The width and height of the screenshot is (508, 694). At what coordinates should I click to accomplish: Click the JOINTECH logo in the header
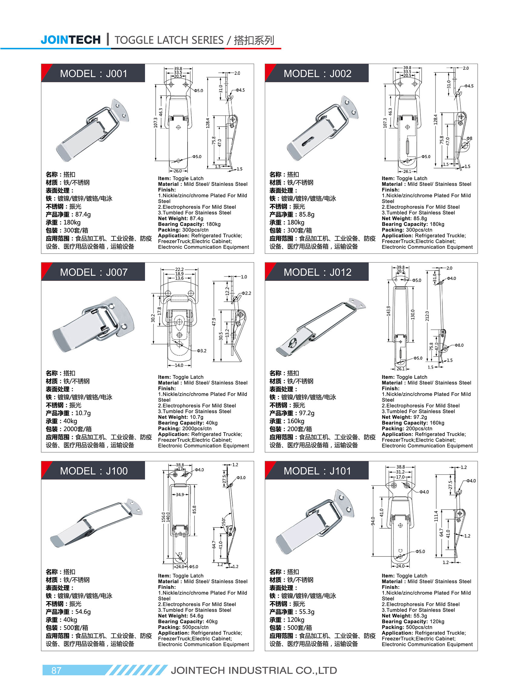(70, 40)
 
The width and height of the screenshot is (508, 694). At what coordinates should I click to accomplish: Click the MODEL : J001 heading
(94, 74)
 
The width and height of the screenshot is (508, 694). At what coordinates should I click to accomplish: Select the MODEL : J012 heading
(317, 272)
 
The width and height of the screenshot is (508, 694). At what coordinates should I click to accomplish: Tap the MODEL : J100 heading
(94, 471)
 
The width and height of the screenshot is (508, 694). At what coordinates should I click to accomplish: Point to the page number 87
(56, 670)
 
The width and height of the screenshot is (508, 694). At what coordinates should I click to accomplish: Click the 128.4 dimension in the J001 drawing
(208, 123)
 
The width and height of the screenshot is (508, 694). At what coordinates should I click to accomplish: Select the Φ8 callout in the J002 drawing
(469, 138)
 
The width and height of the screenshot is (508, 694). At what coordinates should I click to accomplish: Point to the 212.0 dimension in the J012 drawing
(427, 316)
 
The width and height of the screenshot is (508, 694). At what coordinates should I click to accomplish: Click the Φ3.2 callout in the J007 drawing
(201, 350)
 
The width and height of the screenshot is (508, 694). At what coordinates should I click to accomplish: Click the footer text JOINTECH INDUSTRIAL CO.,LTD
(254, 670)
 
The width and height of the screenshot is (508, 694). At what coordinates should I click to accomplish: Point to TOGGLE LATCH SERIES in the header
(169, 40)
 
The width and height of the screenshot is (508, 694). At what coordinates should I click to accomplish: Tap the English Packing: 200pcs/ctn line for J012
(407, 428)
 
